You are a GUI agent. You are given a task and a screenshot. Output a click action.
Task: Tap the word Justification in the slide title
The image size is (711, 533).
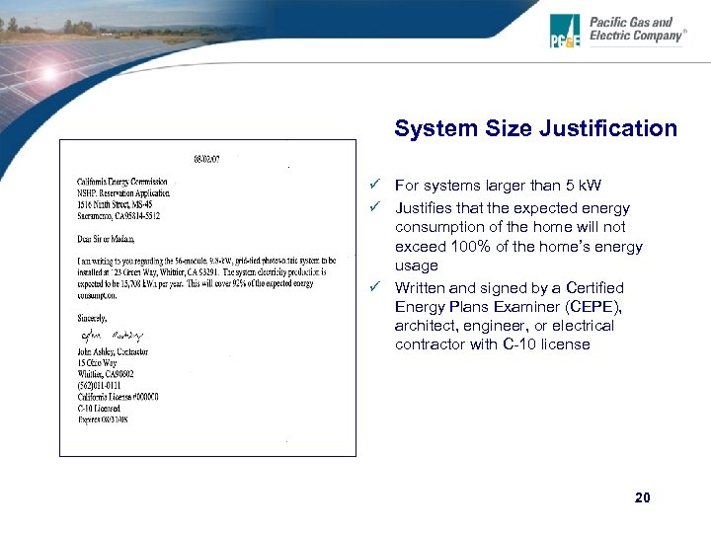[x=612, y=128]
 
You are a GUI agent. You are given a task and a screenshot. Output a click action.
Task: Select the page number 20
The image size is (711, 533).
[x=643, y=497]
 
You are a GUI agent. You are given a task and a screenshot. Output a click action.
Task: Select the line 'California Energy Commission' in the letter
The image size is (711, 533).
[x=122, y=182]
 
